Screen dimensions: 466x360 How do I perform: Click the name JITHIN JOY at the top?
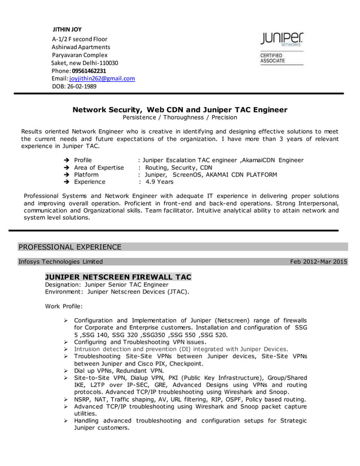coord(67,29)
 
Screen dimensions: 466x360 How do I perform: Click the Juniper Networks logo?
coord(282,39)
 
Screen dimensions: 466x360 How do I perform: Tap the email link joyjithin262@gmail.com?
coord(106,79)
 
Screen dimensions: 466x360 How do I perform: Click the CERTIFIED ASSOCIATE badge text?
coord(272,58)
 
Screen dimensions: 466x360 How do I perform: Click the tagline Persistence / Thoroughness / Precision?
coord(180,118)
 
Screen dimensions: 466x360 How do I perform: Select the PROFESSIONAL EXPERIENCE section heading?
coord(70,247)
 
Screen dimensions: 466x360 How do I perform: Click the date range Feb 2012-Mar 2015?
coord(318,262)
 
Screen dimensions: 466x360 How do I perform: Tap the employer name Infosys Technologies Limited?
coord(60,262)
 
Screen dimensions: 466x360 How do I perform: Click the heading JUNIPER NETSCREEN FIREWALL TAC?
coord(118,277)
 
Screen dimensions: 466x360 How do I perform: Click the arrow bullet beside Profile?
coord(67,161)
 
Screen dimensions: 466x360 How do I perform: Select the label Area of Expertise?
coord(99,168)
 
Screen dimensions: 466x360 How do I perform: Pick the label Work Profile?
coord(63,306)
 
